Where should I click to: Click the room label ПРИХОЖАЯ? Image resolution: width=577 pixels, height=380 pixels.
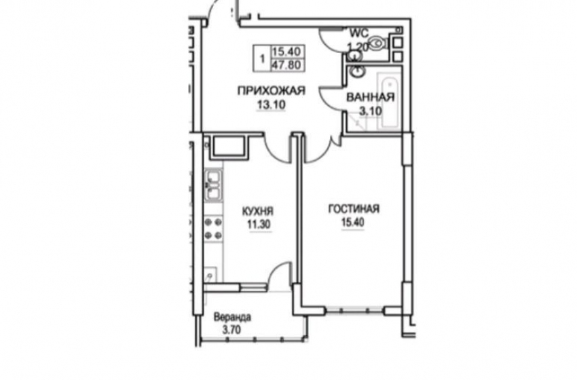pyautogui.click(x=272, y=90)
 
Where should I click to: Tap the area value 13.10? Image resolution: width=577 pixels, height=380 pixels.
pyautogui.click(x=272, y=105)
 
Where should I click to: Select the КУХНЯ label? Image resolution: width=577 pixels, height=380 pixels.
pyautogui.click(x=257, y=212)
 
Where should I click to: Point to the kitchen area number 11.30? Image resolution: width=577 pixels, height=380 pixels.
pyautogui.click(x=259, y=225)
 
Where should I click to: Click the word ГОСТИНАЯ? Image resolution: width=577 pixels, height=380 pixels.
pyautogui.click(x=354, y=209)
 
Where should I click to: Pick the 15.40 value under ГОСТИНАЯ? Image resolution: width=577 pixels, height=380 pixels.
pyautogui.click(x=352, y=223)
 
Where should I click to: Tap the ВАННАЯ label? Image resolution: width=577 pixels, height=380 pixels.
pyautogui.click(x=370, y=97)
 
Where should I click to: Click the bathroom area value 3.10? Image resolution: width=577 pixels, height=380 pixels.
pyautogui.click(x=371, y=111)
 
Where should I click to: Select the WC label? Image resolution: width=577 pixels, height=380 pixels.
pyautogui.click(x=359, y=33)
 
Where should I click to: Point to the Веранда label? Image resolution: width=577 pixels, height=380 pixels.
pyautogui.click(x=233, y=317)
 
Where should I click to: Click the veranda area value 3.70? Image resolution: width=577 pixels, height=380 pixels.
pyautogui.click(x=231, y=330)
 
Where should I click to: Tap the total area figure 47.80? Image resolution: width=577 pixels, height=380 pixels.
pyautogui.click(x=287, y=64)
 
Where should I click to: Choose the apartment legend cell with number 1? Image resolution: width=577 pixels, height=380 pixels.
pyautogui.click(x=262, y=58)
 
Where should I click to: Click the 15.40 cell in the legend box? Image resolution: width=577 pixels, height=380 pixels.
pyautogui.click(x=287, y=51)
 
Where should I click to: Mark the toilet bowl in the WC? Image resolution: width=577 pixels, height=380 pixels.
pyautogui.click(x=377, y=43)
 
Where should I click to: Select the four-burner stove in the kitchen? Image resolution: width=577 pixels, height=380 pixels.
pyautogui.click(x=213, y=229)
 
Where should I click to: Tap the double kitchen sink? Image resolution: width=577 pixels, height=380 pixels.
pyautogui.click(x=213, y=185)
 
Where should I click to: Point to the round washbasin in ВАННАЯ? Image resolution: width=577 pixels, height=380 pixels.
pyautogui.click(x=356, y=71)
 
